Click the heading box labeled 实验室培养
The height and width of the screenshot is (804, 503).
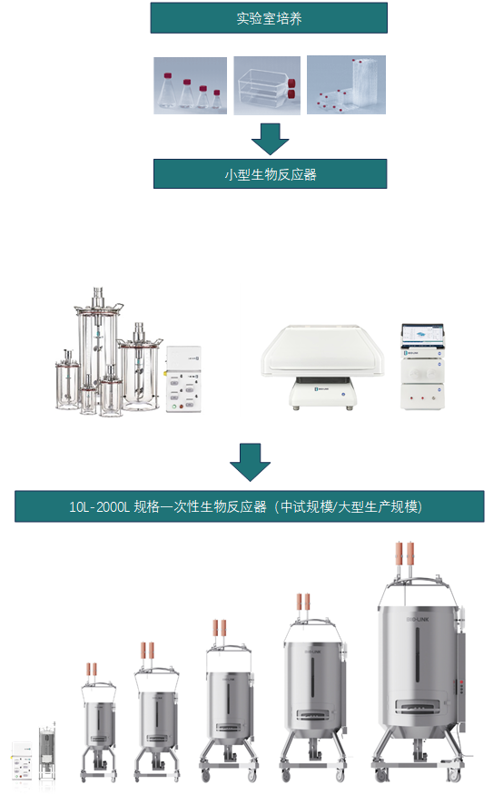(269, 18)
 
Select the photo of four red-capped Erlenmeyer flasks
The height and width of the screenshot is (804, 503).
(190, 85)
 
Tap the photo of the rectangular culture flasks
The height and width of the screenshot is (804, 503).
(266, 85)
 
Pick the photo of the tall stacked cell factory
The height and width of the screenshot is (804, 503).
(345, 84)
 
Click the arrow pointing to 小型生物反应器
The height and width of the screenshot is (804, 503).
(270, 138)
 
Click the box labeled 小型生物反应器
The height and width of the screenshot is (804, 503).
(270, 174)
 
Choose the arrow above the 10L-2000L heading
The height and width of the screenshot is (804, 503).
(249, 461)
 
